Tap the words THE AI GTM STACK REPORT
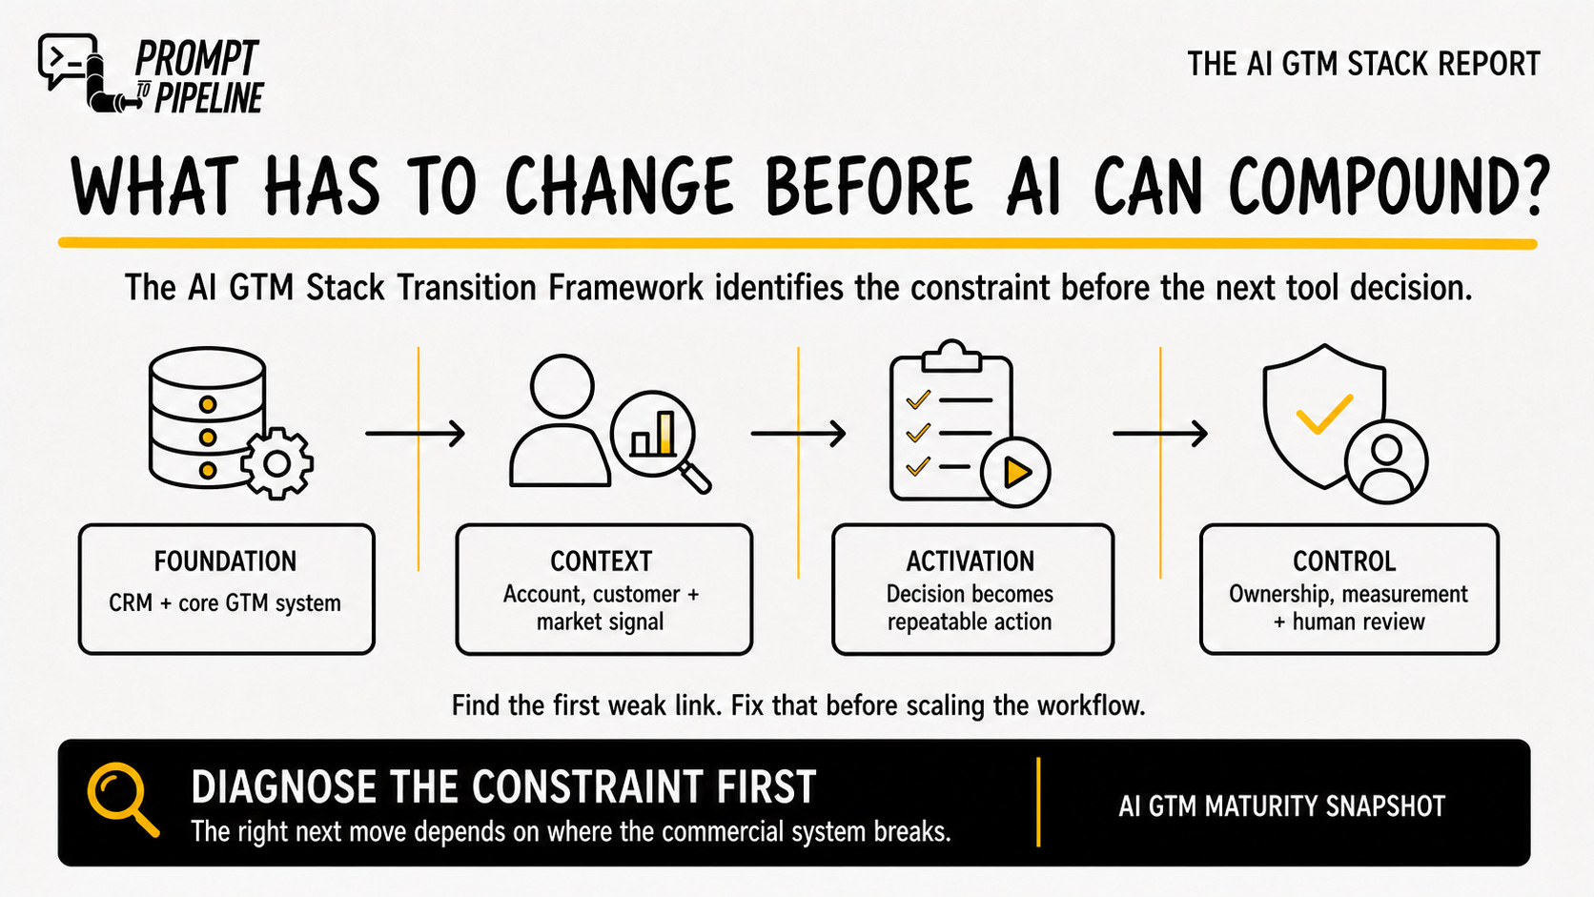1363,64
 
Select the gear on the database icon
276,463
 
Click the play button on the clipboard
1015,472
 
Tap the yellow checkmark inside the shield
1323,414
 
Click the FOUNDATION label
226,561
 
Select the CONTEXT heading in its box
602,561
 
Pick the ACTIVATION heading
970,561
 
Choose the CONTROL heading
1344,561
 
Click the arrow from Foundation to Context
415,433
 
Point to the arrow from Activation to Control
1160,433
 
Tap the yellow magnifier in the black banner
122,799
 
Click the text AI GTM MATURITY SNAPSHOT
1281,806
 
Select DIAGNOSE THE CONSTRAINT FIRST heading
503,786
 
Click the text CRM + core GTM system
225,603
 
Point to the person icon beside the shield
1386,461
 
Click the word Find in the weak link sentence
476,705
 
